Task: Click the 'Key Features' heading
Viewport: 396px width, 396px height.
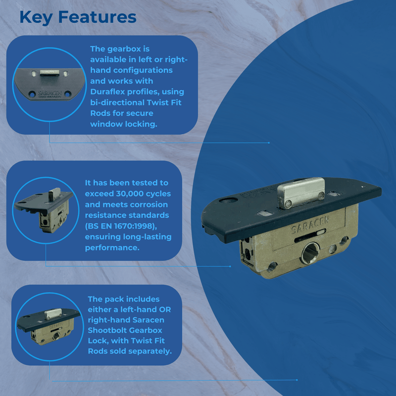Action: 78,17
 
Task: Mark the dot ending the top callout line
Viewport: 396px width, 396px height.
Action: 269,143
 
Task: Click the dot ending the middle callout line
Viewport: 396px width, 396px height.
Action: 231,266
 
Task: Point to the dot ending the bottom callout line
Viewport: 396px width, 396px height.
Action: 297,380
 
